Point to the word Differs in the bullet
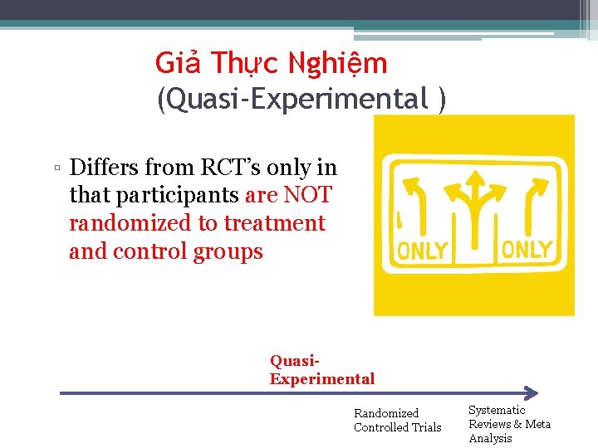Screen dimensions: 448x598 105,168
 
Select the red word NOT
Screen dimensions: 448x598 307,196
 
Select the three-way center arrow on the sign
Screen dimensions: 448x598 474,203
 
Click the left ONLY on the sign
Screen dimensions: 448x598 422,251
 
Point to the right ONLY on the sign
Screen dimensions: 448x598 527,250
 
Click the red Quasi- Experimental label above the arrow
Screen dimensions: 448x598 321,371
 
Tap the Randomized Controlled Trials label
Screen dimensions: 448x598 397,421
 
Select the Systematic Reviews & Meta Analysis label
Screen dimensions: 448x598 509,424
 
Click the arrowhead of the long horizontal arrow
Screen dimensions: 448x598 532,393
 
